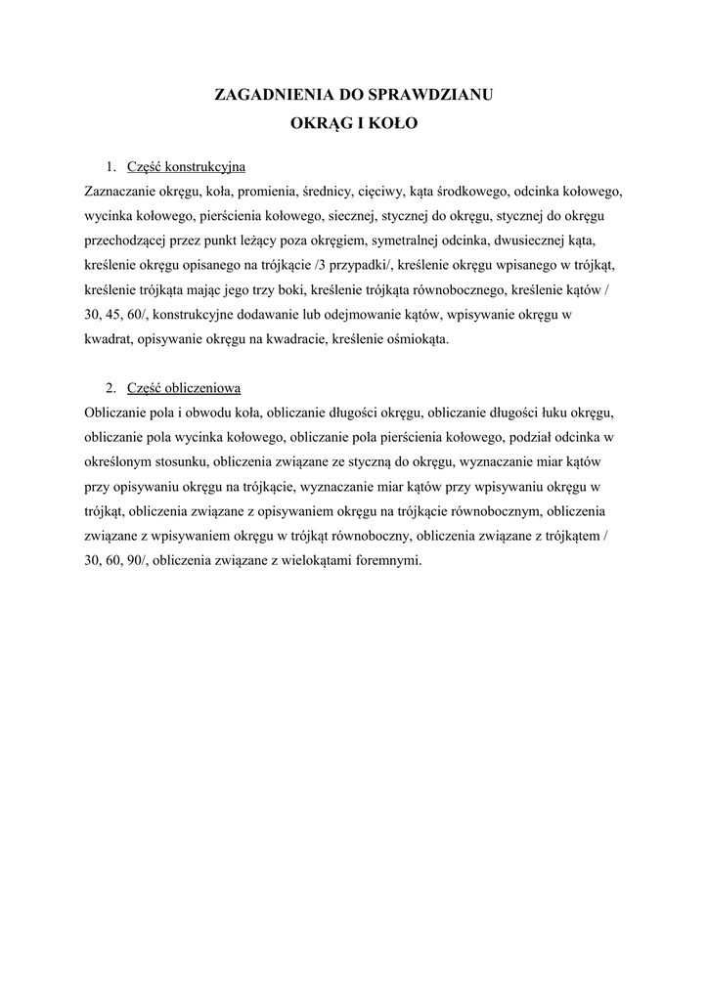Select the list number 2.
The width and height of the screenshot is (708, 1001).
pyautogui.click(x=111, y=386)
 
